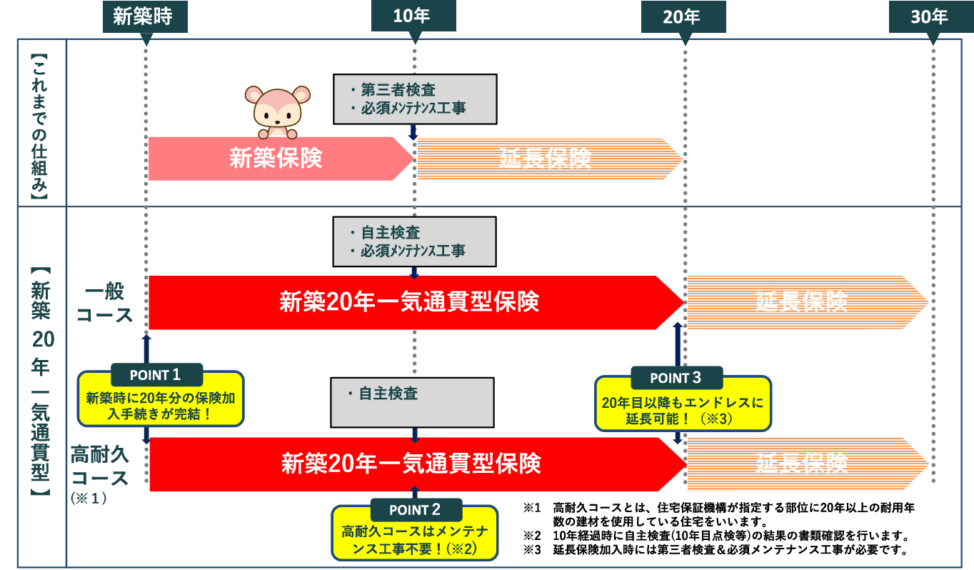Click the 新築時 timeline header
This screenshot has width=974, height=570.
point(145,16)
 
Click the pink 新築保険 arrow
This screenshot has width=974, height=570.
point(276,158)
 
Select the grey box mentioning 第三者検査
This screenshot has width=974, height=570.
point(414,99)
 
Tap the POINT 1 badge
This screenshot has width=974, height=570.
point(156,375)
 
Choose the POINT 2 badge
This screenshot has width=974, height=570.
point(416,510)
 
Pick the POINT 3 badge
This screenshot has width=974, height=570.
point(676,378)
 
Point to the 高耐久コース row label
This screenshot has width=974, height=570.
point(100,465)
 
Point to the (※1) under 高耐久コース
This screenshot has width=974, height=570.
point(89,497)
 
